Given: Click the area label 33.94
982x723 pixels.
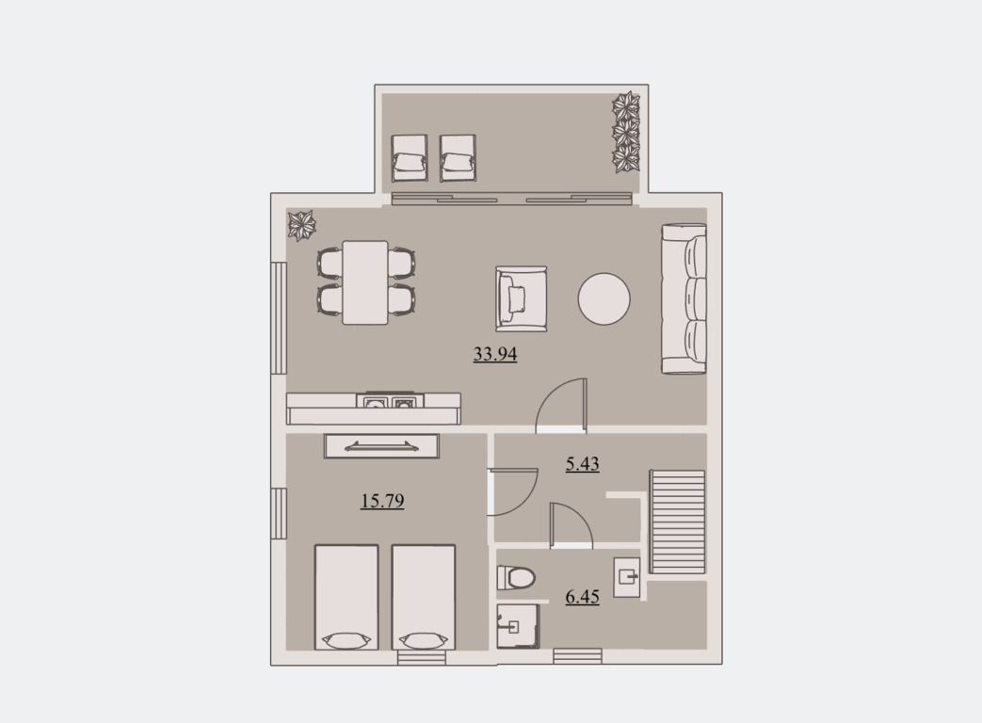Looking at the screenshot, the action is click(x=494, y=354).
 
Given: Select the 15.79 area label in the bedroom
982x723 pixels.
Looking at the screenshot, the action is click(x=382, y=501).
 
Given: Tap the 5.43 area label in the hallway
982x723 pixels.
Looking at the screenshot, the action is click(x=583, y=464).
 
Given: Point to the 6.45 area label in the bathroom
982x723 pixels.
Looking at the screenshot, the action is click(x=583, y=597).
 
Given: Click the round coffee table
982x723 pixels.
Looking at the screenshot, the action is click(x=604, y=298).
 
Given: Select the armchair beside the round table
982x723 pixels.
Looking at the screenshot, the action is click(x=521, y=298).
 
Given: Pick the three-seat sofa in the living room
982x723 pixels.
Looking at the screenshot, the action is click(x=684, y=298).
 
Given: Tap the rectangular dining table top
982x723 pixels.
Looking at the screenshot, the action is click(x=365, y=282).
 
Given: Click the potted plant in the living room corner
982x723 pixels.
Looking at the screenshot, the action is click(x=301, y=225).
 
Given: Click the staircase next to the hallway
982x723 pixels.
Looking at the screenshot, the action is click(x=677, y=522).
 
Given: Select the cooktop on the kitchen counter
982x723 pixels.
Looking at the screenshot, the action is click(x=390, y=401).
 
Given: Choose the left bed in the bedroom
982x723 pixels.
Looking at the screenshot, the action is click(x=346, y=597).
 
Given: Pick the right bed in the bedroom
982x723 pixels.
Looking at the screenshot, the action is click(x=424, y=597).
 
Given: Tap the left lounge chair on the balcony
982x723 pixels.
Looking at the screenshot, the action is click(x=410, y=158).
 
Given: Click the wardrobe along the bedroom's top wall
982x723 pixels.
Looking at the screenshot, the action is click(x=381, y=446).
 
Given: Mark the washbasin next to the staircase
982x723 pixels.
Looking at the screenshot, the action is click(x=627, y=576).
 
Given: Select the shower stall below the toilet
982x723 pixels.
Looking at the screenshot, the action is click(x=518, y=626).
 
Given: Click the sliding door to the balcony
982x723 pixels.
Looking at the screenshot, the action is click(x=511, y=199).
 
